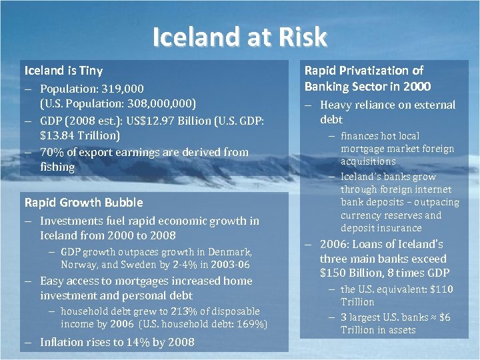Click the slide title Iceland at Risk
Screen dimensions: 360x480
point(239,37)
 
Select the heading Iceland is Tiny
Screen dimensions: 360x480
point(63,70)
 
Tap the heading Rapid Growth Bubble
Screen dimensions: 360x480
point(83,202)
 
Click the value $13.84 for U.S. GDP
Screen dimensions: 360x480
point(56,135)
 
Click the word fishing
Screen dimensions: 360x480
point(57,167)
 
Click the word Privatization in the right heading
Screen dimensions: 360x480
point(373,70)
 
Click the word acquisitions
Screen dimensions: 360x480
point(368,161)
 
